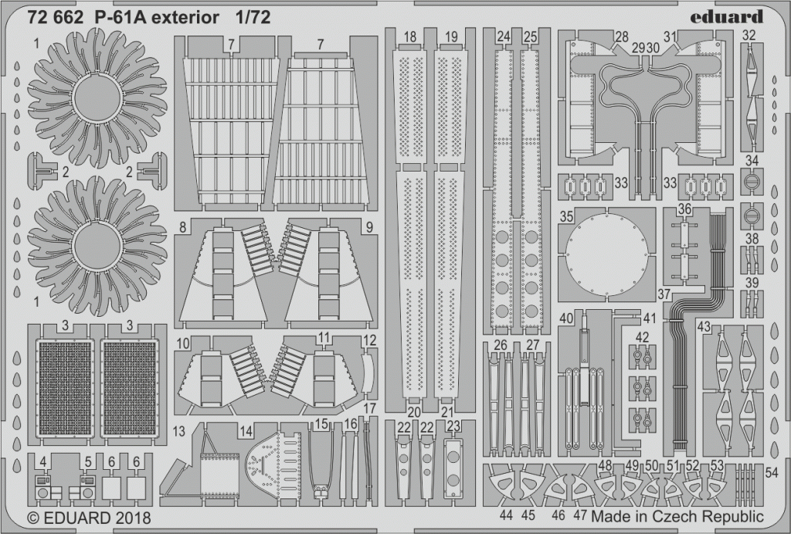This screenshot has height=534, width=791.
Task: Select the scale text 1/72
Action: pyautogui.click(x=253, y=18)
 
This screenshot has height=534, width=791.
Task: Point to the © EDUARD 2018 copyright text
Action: pyautogui.click(x=88, y=519)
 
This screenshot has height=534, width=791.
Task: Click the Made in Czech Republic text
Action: pyautogui.click(x=677, y=517)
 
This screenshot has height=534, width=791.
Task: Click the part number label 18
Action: pyautogui.click(x=410, y=37)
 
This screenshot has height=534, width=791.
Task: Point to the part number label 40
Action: pyautogui.click(x=566, y=318)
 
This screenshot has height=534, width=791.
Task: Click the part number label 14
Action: pyautogui.click(x=246, y=431)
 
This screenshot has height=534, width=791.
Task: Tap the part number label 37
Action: pyautogui.click(x=664, y=294)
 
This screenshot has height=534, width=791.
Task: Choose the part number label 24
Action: pyautogui.click(x=504, y=37)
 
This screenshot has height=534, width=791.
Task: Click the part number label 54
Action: pyautogui.click(x=772, y=472)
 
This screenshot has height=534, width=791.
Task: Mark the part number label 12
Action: pyautogui.click(x=370, y=340)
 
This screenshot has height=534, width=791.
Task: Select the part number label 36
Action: pyautogui.click(x=684, y=209)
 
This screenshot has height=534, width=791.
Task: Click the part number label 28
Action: pyautogui.click(x=622, y=37)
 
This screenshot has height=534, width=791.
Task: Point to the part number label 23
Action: pyautogui.click(x=453, y=427)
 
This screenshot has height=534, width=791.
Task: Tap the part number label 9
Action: pyautogui.click(x=369, y=228)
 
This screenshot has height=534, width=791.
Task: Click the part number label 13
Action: pyautogui.click(x=178, y=431)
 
